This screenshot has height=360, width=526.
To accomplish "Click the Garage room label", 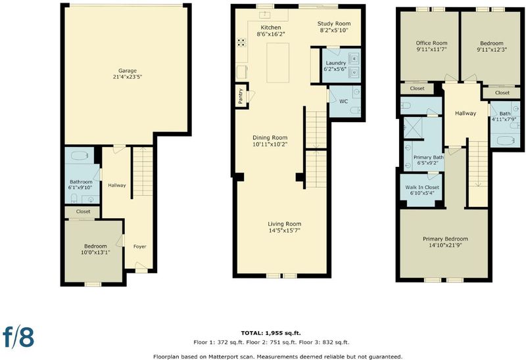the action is (x=128, y=71).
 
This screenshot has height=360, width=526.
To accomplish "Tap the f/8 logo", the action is (x=18, y=336).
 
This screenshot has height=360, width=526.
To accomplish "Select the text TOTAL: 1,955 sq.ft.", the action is (x=271, y=333).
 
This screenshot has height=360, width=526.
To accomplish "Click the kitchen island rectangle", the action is (x=277, y=62).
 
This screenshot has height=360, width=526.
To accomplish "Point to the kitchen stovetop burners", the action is (x=241, y=43).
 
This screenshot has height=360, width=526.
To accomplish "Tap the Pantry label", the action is (x=241, y=96).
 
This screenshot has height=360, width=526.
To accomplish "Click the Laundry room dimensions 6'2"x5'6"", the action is (x=335, y=70).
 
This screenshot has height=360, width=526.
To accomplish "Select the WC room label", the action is (x=343, y=101).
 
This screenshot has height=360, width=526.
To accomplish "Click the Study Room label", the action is (x=334, y=24).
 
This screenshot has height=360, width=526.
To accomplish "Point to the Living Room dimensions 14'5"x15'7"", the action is (x=284, y=231).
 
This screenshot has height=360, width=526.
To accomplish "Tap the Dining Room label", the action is (x=270, y=137).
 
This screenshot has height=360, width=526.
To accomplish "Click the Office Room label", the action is (x=431, y=43).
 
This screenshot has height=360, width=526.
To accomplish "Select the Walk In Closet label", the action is (x=422, y=187).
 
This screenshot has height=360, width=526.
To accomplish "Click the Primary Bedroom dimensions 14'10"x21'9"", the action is (x=445, y=245).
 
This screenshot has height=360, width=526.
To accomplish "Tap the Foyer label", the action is (x=139, y=246).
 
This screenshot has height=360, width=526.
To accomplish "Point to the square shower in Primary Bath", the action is (x=413, y=127).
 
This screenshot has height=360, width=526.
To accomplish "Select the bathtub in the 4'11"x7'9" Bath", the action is (x=506, y=141).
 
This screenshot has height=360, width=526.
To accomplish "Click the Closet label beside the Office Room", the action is (x=417, y=89).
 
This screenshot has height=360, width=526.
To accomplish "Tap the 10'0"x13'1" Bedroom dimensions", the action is (x=95, y=252).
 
